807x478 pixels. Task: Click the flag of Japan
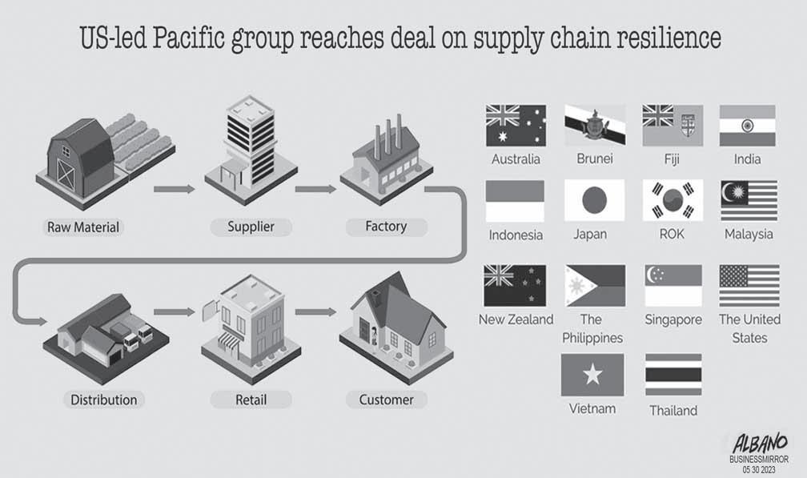coord(594,200)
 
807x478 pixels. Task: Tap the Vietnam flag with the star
coord(592,374)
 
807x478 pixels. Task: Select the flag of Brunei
coord(594,126)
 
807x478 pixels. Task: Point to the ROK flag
coord(672,200)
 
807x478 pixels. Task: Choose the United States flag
coord(749,286)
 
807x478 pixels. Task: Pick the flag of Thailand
coord(673,375)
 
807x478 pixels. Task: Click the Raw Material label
coord(82,227)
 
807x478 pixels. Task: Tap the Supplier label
coord(251,227)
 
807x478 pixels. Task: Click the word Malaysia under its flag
coord(749,234)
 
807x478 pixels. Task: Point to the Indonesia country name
coord(516,235)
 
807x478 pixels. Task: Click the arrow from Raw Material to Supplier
coord(174,190)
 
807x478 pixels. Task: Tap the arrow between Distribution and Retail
coord(174,311)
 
